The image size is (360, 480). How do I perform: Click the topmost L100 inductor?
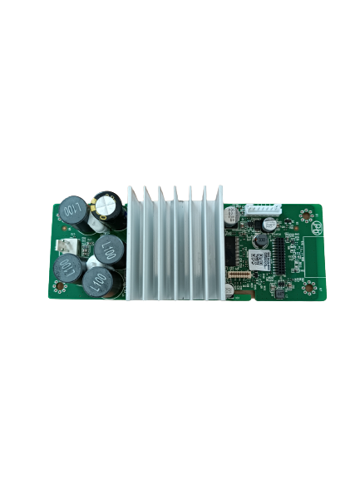(x=73, y=211)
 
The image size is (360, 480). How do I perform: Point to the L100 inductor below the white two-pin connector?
(x=69, y=268)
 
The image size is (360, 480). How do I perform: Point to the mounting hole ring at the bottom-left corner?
(x=61, y=288)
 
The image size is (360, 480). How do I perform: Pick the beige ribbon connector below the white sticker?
(x=242, y=274)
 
